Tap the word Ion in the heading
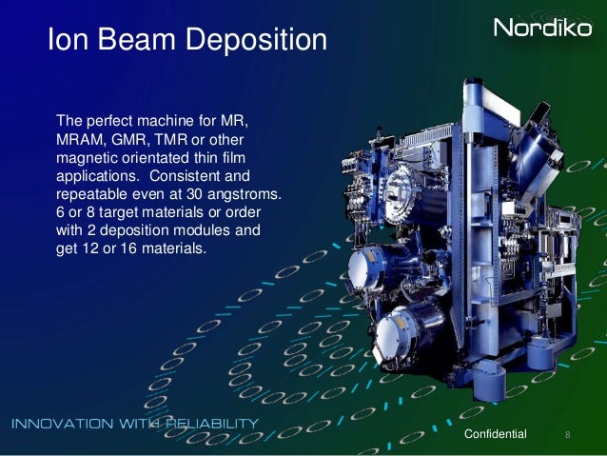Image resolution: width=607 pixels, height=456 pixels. click(66, 40)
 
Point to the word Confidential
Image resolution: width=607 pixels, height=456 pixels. click(494, 434)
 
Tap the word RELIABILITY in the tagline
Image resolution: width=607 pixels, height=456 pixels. click(210, 423)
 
